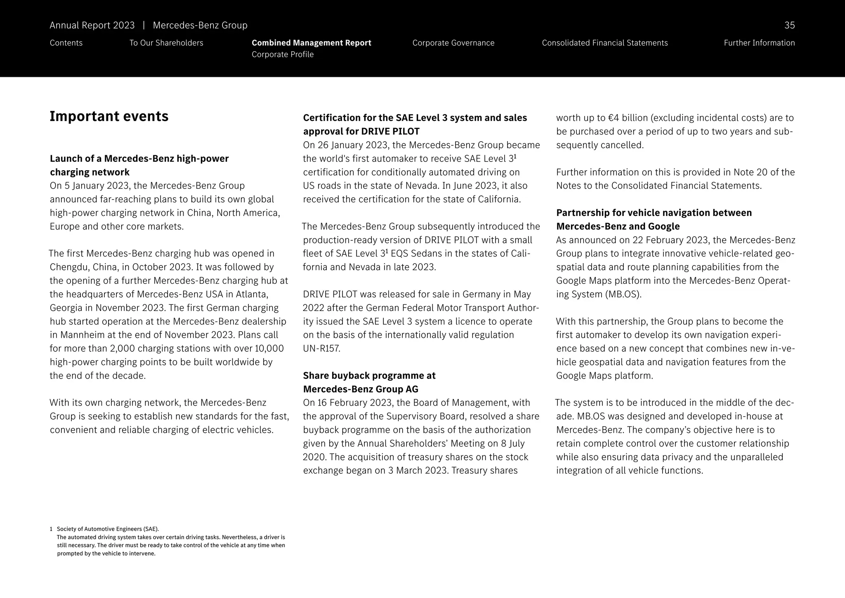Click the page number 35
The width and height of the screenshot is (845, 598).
pyautogui.click(x=789, y=25)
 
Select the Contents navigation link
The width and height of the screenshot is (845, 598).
pyautogui.click(x=66, y=43)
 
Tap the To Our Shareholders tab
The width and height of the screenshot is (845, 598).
pyautogui.click(x=166, y=43)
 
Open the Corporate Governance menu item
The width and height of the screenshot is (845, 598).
pyautogui.click(x=453, y=43)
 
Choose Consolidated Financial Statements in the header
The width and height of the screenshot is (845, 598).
pyautogui.click(x=604, y=43)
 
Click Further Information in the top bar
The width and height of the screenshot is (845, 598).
pyautogui.click(x=759, y=43)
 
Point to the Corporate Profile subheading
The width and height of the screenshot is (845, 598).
pyautogui.click(x=282, y=55)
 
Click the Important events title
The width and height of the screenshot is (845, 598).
pyautogui.click(x=109, y=116)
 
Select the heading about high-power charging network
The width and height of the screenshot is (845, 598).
pyautogui.click(x=139, y=165)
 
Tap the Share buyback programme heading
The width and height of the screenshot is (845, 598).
pyautogui.click(x=369, y=382)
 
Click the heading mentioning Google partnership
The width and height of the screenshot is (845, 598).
pyautogui.click(x=654, y=219)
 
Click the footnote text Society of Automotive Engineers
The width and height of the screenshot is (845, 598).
pyautogui.click(x=107, y=529)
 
